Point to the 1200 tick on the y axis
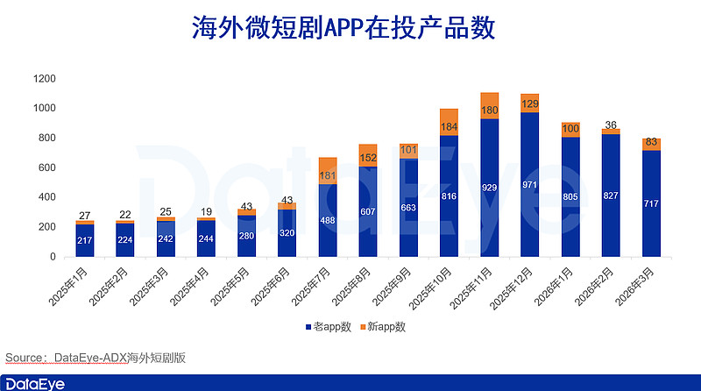click(46, 79)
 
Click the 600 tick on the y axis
click(49, 167)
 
